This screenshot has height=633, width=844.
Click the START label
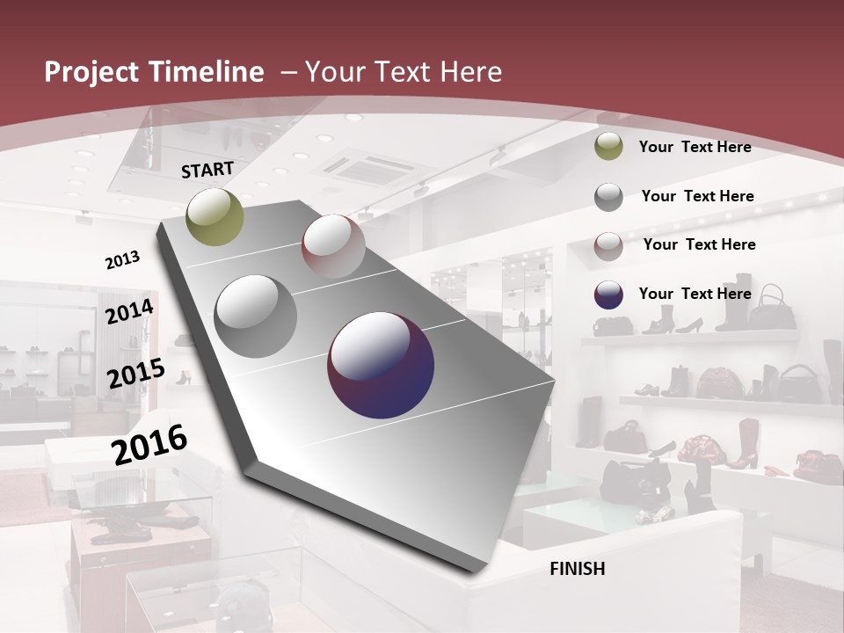pyautogui.click(x=207, y=170)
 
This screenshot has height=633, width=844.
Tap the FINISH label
pyautogui.click(x=578, y=569)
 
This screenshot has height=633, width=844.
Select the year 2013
pyautogui.click(x=122, y=259)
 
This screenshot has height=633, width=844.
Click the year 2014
pyautogui.click(x=129, y=312)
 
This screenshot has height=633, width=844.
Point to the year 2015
pyautogui.click(x=136, y=374)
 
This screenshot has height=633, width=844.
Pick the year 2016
pyautogui.click(x=149, y=444)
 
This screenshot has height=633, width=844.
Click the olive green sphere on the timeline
pyautogui.click(x=215, y=216)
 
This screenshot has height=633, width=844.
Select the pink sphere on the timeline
pyautogui.click(x=333, y=245)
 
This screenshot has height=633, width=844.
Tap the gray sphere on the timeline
pyautogui.click(x=256, y=316)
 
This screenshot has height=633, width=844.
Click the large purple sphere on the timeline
pyautogui.click(x=381, y=366)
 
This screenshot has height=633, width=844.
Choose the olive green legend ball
pyautogui.click(x=608, y=148)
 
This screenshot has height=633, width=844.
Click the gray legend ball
pyautogui.click(x=608, y=197)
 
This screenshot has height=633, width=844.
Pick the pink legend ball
pyautogui.click(x=608, y=246)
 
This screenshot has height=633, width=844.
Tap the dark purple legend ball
pyautogui.click(x=608, y=295)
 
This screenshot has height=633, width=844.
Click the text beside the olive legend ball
pyautogui.click(x=695, y=148)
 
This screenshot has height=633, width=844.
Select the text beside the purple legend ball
pyautogui.click(x=695, y=294)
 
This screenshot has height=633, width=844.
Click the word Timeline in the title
pyautogui.click(x=206, y=72)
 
